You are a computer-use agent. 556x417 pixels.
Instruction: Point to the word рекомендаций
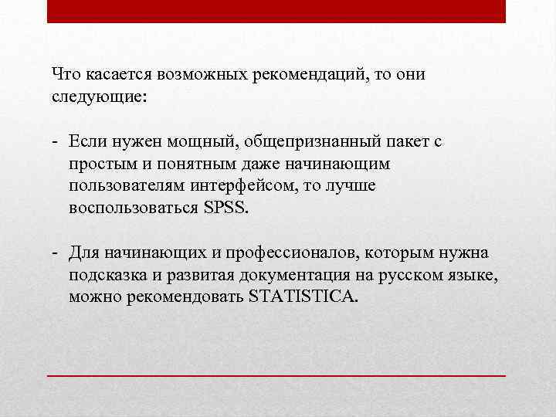pos(308,74)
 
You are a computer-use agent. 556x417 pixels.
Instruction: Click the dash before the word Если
pos(56,141)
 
